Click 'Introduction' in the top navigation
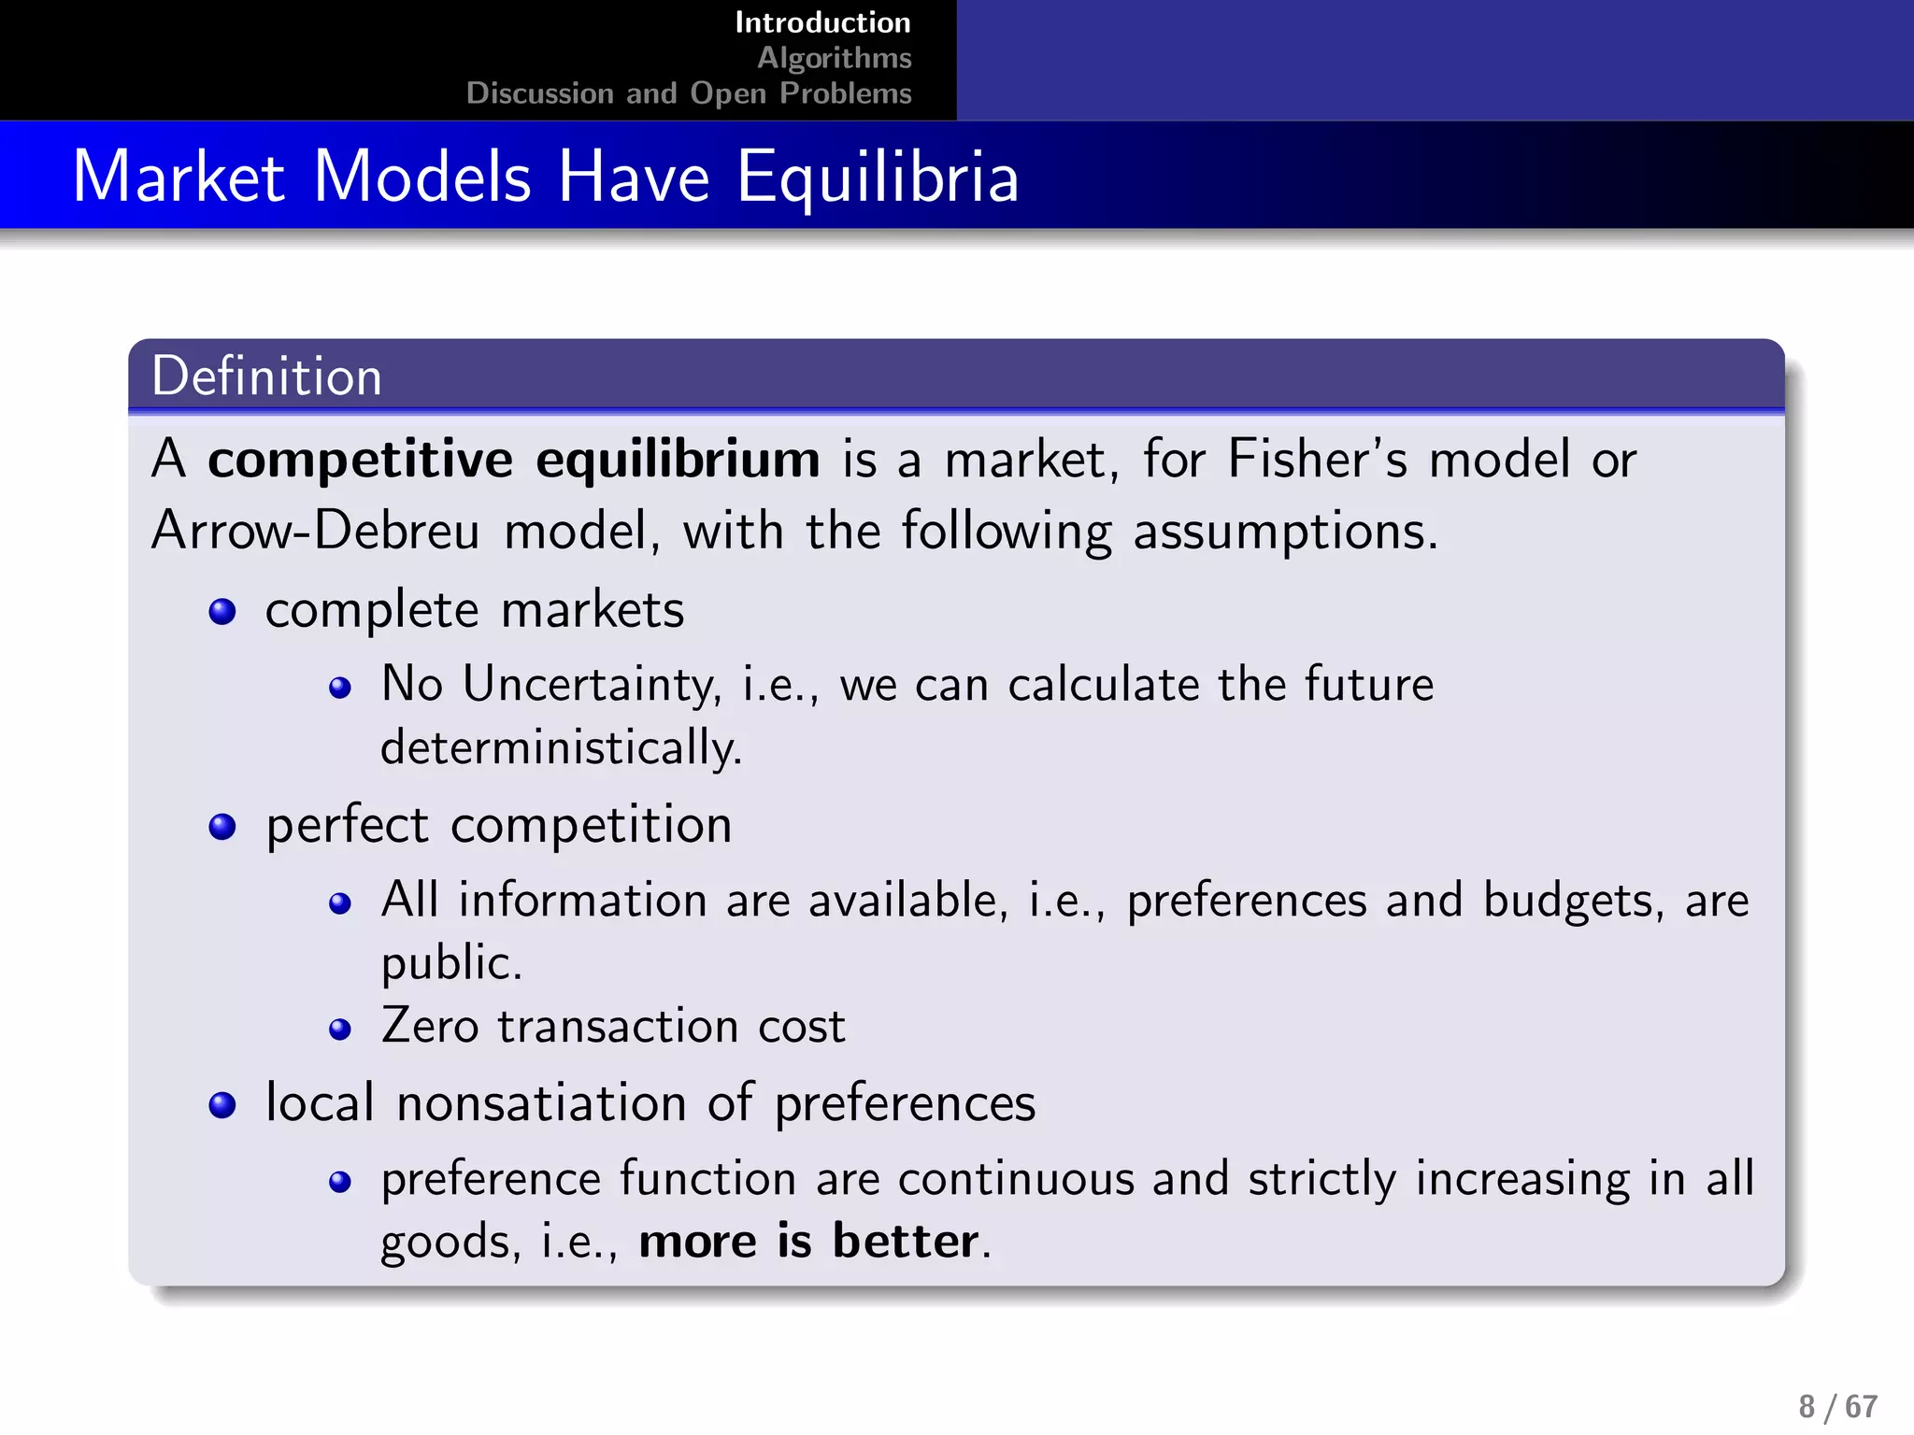(822, 22)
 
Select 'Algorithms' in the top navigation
(834, 58)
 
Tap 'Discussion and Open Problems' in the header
(689, 93)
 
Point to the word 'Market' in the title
(179, 177)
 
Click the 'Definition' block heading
(266, 377)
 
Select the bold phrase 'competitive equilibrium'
(513, 460)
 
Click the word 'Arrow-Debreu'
(316, 531)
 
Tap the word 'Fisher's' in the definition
(1317, 460)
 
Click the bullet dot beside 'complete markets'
(222, 612)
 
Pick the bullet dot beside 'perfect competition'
(222, 827)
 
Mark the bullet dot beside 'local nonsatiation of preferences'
(222, 1105)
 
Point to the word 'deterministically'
(560, 747)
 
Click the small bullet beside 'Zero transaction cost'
(340, 1030)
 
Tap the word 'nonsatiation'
(542, 1103)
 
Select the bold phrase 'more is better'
(809, 1242)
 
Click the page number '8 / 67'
(1837, 1407)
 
